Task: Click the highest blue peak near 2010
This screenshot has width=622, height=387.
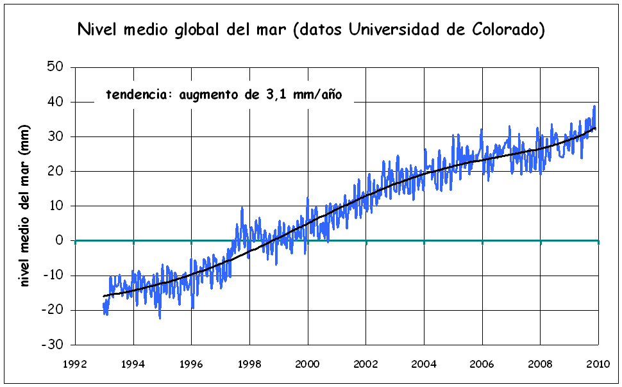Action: (594, 106)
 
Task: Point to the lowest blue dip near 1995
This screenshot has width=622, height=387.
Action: (160, 318)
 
